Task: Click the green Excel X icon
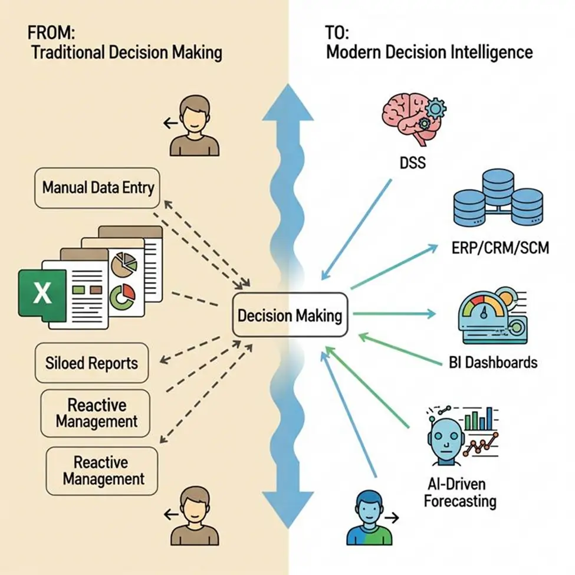point(42,293)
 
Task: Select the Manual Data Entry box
point(98,188)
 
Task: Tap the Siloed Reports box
point(91,362)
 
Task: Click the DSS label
point(412,161)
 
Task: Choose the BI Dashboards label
point(489,362)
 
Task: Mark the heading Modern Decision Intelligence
point(429,52)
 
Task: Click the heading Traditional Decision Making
point(126,52)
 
